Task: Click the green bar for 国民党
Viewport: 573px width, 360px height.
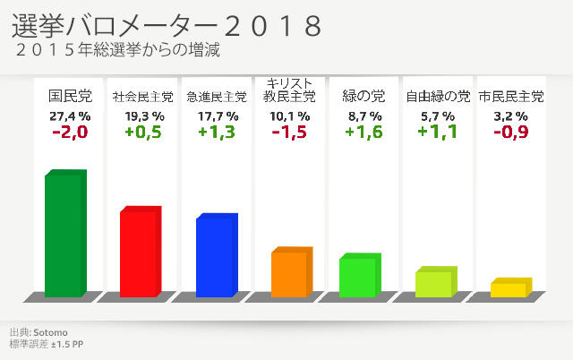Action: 64,235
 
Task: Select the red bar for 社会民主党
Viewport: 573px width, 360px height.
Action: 140,253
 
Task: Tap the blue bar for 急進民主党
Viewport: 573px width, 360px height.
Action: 216,257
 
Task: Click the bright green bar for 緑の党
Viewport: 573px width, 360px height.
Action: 358,277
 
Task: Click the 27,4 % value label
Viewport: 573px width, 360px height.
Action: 70,116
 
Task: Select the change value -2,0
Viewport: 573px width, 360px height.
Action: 70,133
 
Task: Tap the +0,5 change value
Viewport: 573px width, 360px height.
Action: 144,133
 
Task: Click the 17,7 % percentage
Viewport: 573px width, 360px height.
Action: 218,116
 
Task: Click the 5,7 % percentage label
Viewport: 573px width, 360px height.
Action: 438,116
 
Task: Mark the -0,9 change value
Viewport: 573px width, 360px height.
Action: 511,133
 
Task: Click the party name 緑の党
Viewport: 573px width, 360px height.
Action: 364,95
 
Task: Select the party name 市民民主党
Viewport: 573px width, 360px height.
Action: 511,96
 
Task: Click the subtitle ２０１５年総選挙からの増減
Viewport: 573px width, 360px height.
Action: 117,51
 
